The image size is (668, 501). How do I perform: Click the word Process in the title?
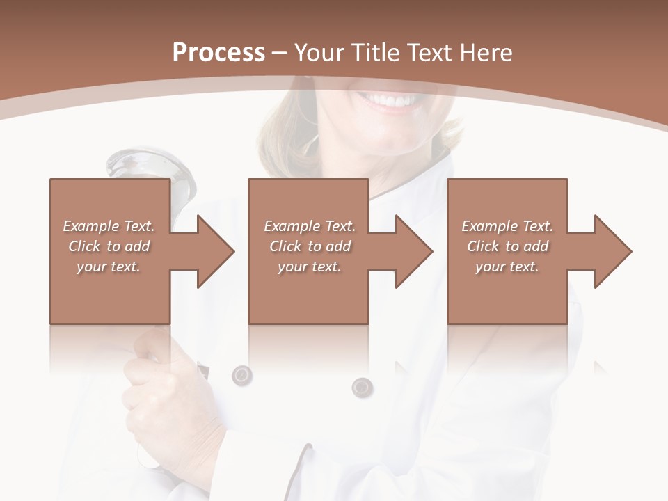(x=218, y=52)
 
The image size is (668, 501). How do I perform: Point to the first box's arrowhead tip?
(x=233, y=251)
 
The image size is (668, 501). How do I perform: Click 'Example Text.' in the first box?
(x=109, y=226)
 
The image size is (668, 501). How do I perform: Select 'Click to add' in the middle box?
(x=310, y=246)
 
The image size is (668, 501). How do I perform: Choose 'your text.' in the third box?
(x=507, y=267)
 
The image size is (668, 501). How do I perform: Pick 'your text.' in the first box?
(x=109, y=267)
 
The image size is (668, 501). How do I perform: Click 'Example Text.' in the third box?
(x=507, y=226)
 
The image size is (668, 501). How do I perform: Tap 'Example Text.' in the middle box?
(x=310, y=226)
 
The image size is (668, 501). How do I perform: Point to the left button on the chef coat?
(x=241, y=375)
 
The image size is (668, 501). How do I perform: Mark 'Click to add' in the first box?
(x=109, y=246)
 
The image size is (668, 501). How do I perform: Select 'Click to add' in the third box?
(x=507, y=246)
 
